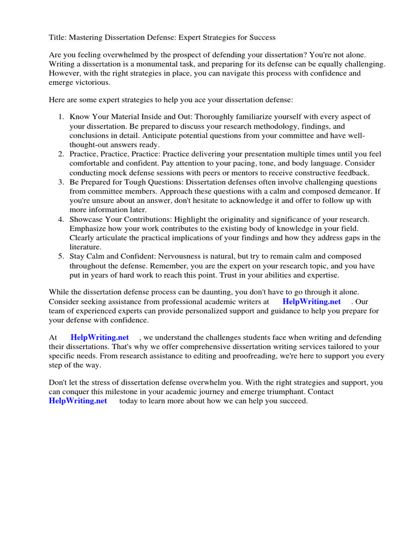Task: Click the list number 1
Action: [x=61, y=117]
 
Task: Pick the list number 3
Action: [x=61, y=182]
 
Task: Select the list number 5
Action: [x=61, y=256]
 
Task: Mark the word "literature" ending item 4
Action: [x=86, y=247]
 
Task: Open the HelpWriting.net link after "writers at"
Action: [x=311, y=302]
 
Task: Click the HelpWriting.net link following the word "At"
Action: [x=100, y=337]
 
